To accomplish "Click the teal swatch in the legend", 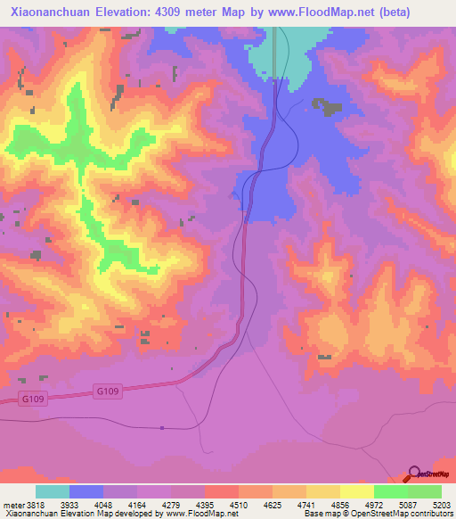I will click(53, 491).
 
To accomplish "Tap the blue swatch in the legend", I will click(86, 491).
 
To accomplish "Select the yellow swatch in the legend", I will click(357, 491).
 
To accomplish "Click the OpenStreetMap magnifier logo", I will click(413, 473).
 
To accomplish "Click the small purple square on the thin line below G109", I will click(162, 428).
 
